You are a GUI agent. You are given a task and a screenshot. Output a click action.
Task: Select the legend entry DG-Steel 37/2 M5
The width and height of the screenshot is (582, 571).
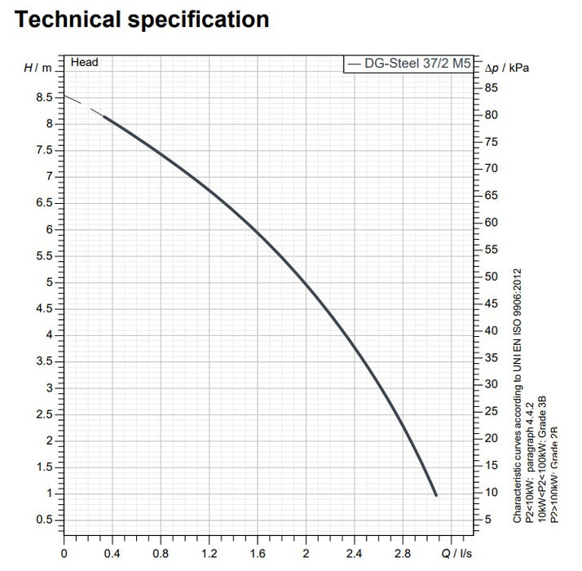[x=408, y=62]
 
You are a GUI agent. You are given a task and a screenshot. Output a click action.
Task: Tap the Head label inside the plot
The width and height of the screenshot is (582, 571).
[x=84, y=62]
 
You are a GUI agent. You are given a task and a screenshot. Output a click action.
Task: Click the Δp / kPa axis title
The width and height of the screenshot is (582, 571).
[x=506, y=68]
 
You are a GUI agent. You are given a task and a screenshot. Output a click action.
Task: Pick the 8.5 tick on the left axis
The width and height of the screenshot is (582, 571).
[x=45, y=98]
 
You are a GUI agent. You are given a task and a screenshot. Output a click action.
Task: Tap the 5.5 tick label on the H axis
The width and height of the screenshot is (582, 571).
[x=45, y=256]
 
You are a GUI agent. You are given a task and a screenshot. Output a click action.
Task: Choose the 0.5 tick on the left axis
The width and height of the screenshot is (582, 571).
[x=45, y=520]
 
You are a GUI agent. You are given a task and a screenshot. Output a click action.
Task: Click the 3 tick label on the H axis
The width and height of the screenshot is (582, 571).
[x=50, y=387]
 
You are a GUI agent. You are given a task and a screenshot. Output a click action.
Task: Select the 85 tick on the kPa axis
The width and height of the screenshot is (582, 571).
[x=491, y=88]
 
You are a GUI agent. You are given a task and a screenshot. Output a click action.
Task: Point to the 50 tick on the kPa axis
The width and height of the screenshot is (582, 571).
[x=491, y=277]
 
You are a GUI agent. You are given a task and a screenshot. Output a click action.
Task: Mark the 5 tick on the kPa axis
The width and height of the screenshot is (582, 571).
[x=487, y=519]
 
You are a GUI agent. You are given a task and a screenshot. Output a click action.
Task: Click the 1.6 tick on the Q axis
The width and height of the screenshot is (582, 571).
[x=258, y=552]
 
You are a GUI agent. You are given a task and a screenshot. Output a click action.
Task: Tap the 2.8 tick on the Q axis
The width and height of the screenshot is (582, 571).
[x=403, y=552]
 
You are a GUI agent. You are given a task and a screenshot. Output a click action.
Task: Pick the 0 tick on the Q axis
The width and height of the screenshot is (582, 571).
[x=64, y=552]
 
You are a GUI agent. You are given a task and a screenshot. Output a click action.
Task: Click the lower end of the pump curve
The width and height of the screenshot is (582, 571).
[x=436, y=494]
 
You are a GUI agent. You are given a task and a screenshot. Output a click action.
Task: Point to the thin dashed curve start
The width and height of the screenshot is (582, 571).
[x=68, y=97]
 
